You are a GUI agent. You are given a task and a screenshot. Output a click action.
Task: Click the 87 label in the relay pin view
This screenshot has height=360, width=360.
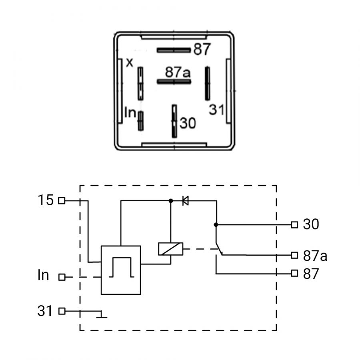[202, 49]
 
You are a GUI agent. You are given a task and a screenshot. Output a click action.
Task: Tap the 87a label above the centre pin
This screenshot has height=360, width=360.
[178, 72]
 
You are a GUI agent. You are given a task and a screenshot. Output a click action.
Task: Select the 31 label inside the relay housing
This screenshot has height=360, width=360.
[216, 110]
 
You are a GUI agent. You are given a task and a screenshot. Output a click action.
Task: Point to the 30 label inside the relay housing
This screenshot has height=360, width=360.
[188, 123]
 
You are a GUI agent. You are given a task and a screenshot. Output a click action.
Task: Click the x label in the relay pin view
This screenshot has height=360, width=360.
[130, 62]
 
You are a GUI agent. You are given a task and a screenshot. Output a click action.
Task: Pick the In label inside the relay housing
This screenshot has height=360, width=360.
[130, 112]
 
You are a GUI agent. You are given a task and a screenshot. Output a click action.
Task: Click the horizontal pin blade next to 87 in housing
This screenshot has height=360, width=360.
[174, 50]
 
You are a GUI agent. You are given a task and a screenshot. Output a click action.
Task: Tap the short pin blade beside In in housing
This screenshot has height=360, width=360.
[140, 121]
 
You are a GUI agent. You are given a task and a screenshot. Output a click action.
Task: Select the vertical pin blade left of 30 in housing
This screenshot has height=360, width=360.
[174, 121]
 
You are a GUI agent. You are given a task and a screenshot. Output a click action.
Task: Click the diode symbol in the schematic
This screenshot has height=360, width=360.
[185, 201]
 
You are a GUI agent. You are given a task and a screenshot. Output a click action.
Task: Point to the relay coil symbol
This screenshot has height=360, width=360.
[170, 249]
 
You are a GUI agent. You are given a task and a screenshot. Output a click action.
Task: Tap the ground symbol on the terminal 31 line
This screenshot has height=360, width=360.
[101, 315]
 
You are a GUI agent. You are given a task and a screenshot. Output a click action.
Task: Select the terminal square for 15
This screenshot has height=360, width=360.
[62, 201]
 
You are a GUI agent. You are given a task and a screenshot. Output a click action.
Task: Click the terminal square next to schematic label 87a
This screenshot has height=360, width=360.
[294, 255]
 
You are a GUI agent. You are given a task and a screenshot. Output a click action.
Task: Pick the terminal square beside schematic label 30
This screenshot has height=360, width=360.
[294, 224]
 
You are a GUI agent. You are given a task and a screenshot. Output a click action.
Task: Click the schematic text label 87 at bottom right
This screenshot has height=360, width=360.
[311, 274]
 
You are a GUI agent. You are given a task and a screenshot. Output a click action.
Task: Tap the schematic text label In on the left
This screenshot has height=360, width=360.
[43, 275]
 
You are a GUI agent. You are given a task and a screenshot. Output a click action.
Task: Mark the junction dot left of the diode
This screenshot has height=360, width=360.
[170, 201]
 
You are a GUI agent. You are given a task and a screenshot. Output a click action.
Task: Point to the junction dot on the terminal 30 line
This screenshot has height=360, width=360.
[216, 224]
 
